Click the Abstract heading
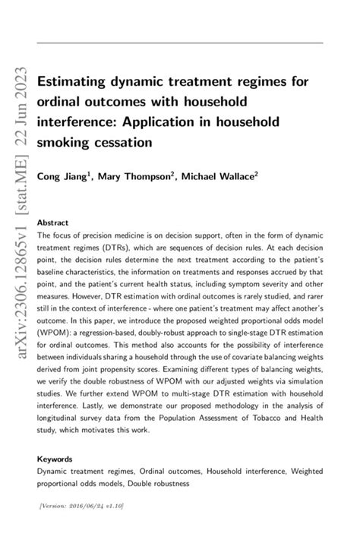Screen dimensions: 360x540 (53, 223)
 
